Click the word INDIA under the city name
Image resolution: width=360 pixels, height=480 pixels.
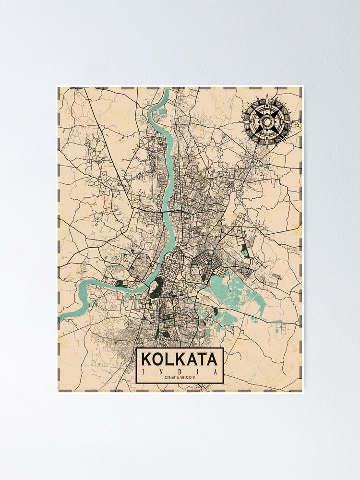[180, 372]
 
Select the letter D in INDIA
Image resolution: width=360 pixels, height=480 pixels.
[180, 372]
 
